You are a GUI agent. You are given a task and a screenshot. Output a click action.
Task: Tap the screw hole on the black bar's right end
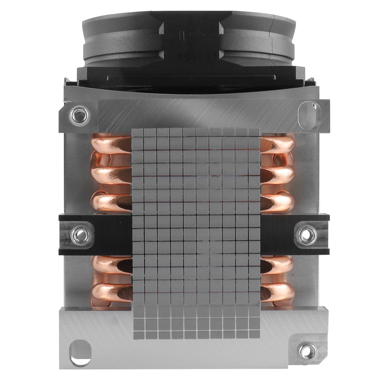308,234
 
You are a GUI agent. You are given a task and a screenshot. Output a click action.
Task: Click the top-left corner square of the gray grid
137,133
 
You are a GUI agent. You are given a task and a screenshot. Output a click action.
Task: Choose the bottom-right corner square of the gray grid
254,335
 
